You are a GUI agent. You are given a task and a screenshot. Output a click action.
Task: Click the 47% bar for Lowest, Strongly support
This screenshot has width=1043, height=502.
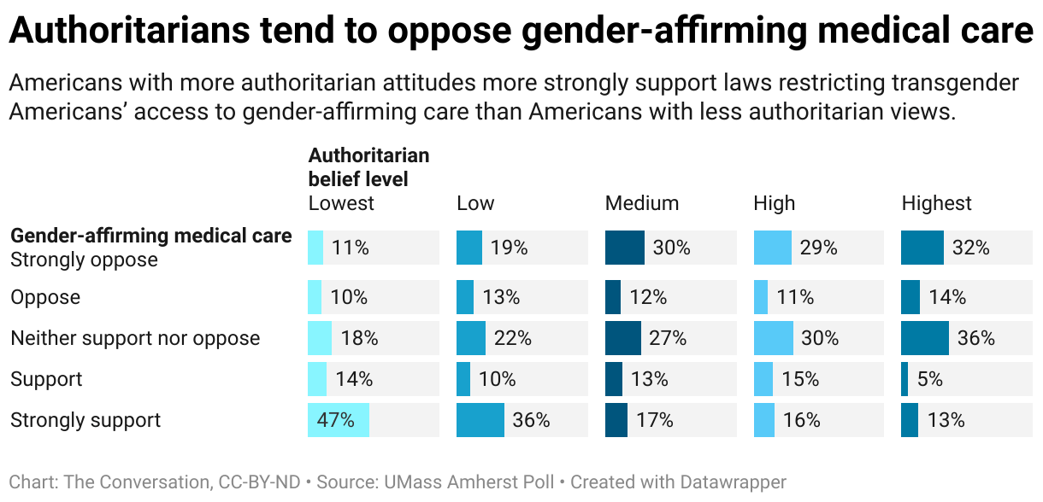click(339, 420)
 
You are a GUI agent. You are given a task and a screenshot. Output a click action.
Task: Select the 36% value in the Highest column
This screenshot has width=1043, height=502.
click(975, 338)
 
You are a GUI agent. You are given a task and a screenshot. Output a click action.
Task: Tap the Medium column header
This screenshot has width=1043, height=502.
click(641, 203)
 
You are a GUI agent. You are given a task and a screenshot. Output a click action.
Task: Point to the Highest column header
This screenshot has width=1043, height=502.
click(936, 203)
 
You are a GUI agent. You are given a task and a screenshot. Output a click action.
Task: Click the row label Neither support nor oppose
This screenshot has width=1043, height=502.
click(135, 338)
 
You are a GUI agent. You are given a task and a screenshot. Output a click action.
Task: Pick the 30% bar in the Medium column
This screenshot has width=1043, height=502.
click(625, 248)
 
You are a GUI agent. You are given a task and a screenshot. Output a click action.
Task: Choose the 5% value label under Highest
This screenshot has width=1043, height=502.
click(929, 379)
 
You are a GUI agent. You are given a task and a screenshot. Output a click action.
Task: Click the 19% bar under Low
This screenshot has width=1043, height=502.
click(469, 248)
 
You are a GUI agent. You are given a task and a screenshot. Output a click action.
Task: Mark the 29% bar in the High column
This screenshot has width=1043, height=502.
click(772, 248)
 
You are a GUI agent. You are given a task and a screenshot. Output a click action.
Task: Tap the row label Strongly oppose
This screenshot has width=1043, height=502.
click(84, 260)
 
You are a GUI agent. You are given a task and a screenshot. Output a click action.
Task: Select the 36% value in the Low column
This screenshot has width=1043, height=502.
click(530, 420)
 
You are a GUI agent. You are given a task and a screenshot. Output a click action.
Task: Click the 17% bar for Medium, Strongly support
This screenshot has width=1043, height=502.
click(616, 420)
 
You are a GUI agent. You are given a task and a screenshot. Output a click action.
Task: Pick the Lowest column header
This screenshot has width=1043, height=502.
click(341, 203)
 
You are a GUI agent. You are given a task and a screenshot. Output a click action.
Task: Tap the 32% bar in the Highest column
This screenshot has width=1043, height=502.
click(922, 248)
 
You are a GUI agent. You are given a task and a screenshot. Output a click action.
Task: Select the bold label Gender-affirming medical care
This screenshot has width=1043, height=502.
click(150, 236)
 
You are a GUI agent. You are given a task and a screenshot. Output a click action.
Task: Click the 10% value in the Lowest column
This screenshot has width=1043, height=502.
click(349, 297)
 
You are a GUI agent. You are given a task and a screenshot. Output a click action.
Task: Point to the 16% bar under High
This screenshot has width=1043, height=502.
click(763, 420)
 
